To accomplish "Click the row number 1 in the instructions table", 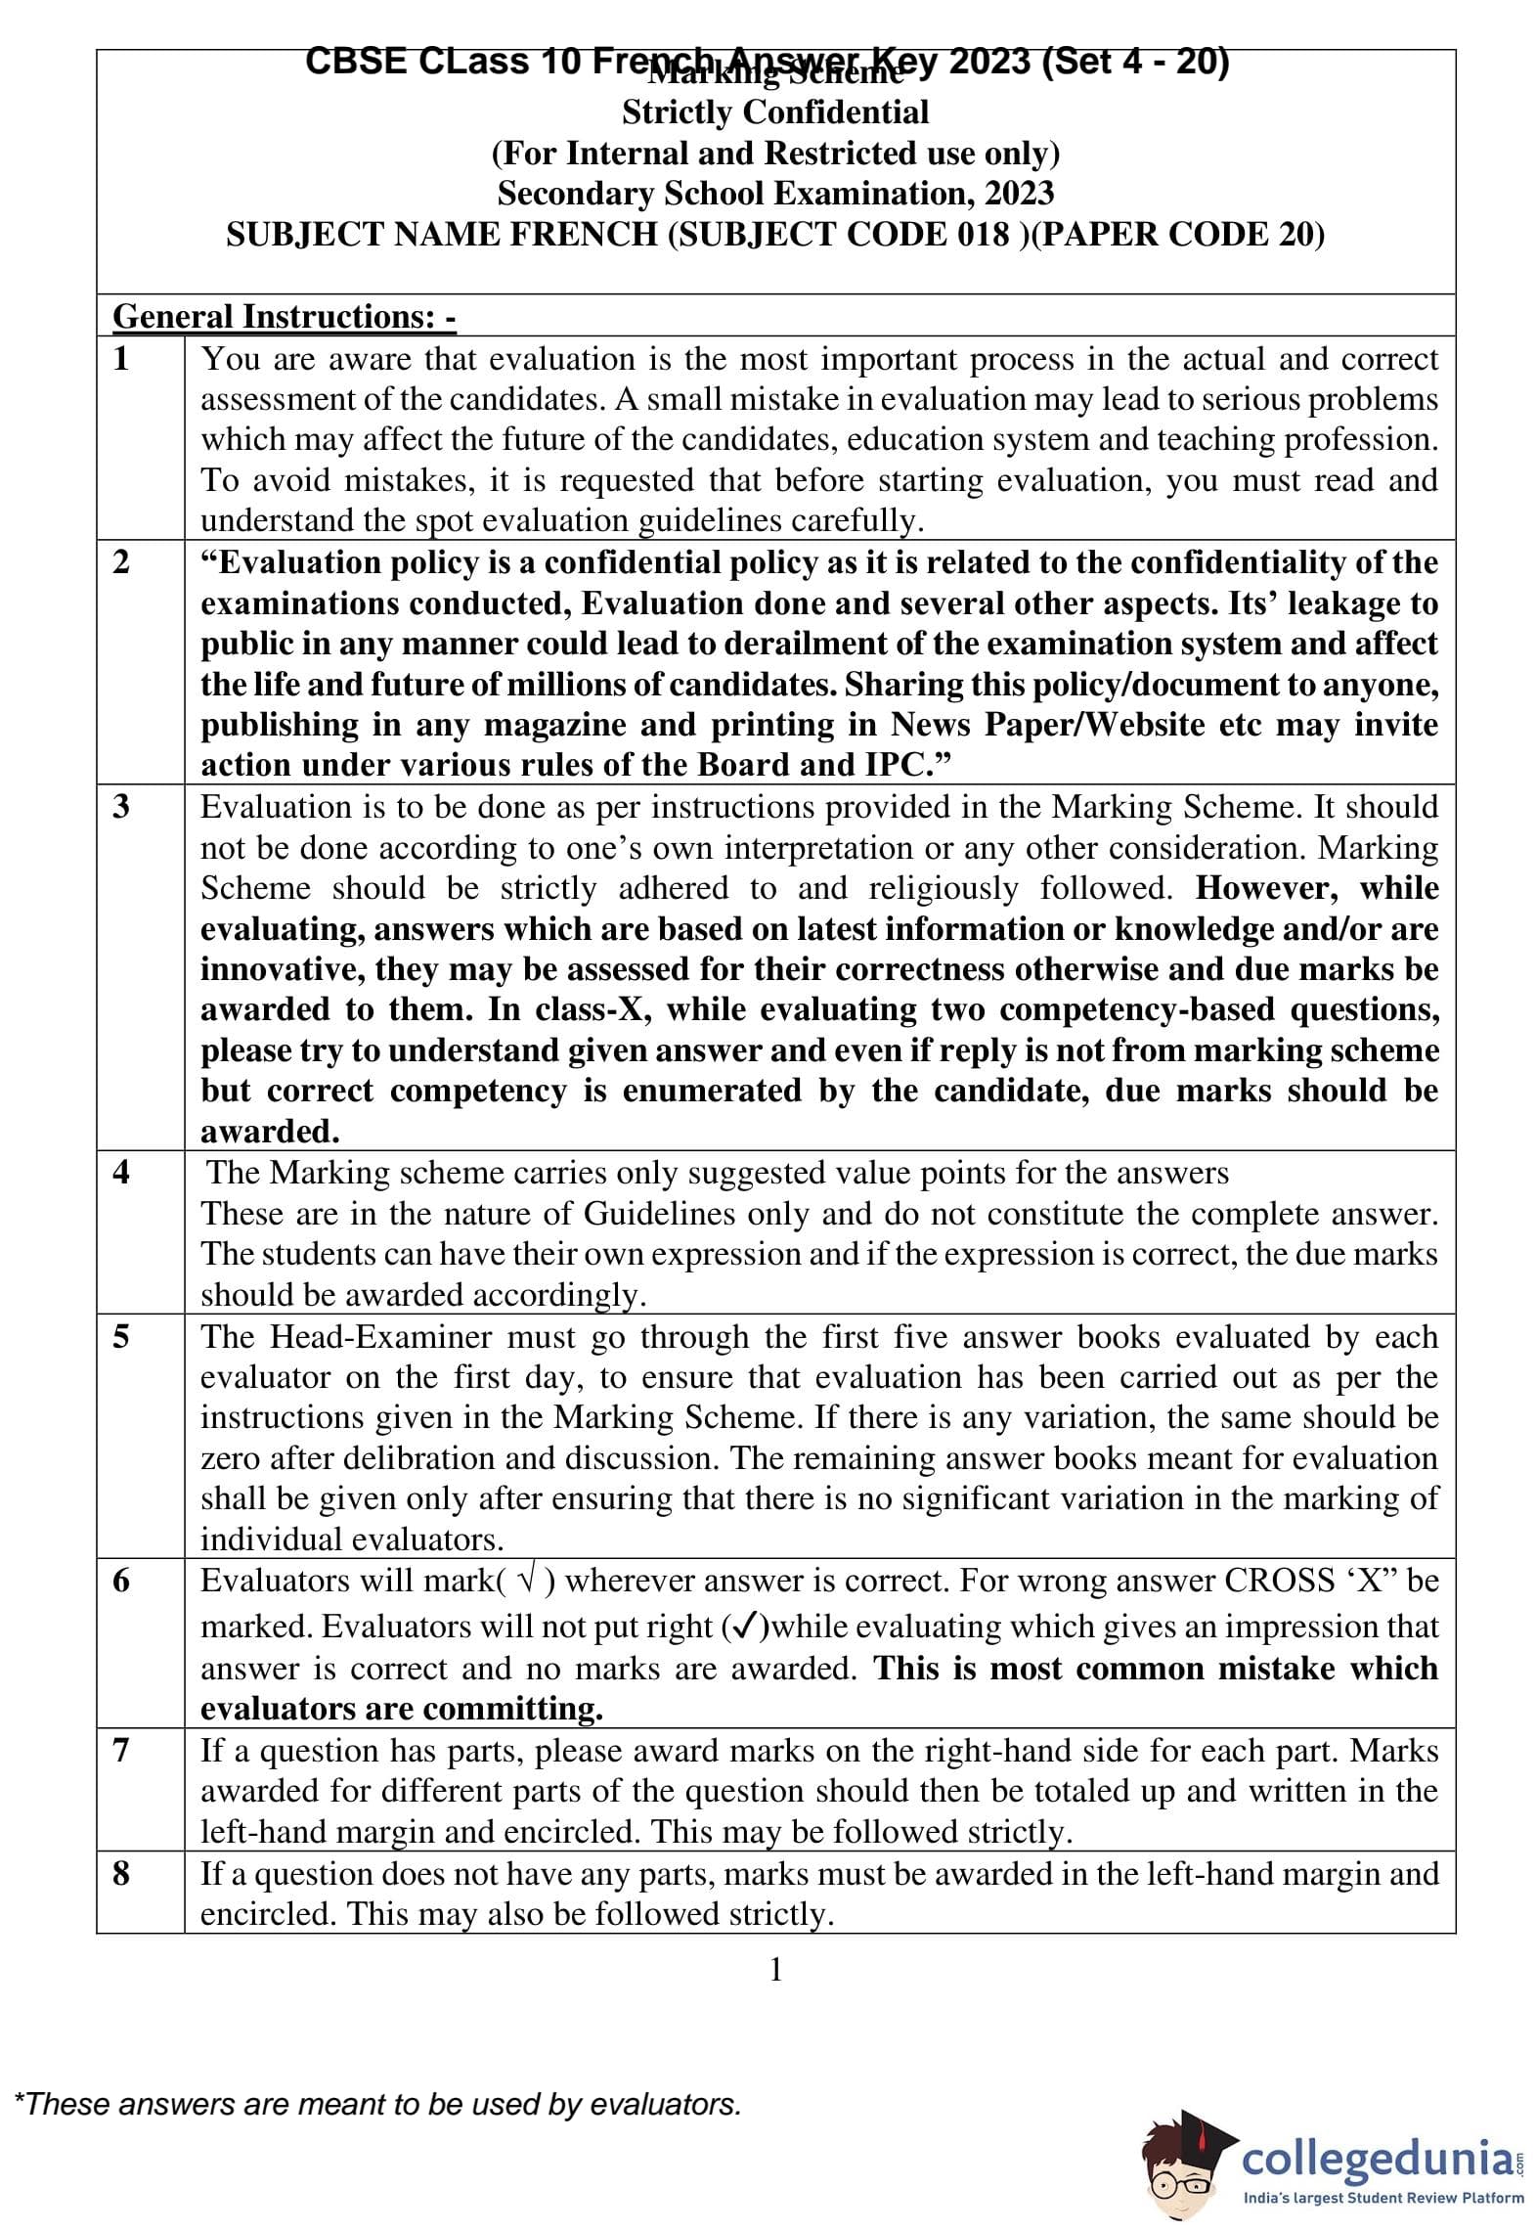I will click(x=121, y=359).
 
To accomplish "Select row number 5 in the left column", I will click(x=121, y=1336).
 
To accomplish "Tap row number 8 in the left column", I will click(x=121, y=1873).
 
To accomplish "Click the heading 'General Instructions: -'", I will click(x=285, y=316).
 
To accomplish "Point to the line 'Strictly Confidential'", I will click(x=775, y=112).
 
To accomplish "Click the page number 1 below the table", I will click(x=776, y=1969).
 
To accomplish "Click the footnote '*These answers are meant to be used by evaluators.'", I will click(x=377, y=2104).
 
